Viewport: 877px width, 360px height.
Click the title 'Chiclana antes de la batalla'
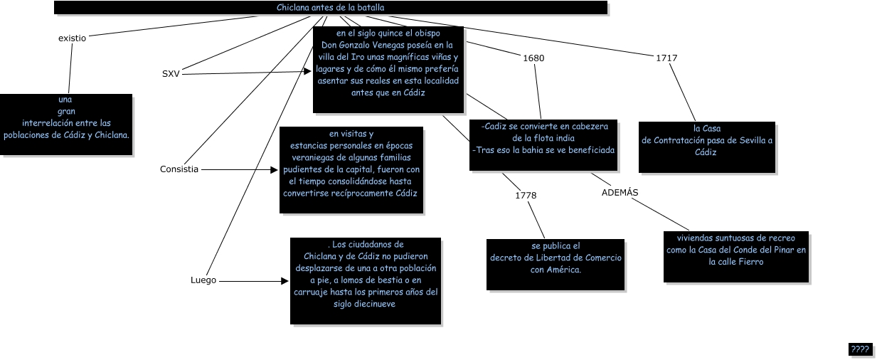(331, 8)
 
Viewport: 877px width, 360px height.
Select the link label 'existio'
(72, 38)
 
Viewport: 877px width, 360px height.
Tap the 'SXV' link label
(171, 73)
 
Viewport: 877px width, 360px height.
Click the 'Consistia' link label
(179, 169)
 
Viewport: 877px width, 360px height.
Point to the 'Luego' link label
(203, 280)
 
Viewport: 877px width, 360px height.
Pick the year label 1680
(533, 58)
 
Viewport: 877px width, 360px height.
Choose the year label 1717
(666, 58)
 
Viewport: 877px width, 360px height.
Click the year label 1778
(526, 194)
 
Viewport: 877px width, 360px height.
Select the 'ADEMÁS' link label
(620, 192)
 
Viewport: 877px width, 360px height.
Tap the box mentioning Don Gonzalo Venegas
(388, 69)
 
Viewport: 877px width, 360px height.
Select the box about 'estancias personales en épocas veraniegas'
(351, 169)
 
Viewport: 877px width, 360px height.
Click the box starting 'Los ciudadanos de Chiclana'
(366, 280)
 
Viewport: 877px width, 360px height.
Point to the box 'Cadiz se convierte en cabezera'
(543, 144)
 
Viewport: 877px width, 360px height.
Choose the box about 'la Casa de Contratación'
(706, 146)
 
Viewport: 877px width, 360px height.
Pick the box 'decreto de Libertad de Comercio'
(556, 264)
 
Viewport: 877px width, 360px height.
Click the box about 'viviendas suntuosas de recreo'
(736, 256)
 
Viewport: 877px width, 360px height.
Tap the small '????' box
(860, 349)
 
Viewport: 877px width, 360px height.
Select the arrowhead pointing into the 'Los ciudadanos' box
(287, 280)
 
